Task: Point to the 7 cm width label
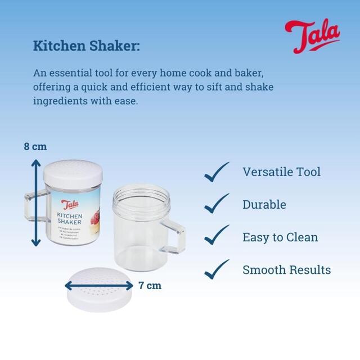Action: pos(150,285)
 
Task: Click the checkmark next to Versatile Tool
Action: pos(217,172)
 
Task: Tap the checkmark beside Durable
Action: pos(217,204)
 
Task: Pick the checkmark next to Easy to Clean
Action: pos(217,237)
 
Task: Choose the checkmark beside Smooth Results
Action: pos(217,269)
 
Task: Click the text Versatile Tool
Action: pos(282,172)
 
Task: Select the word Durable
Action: pos(264,204)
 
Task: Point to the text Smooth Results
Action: pos(286,269)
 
